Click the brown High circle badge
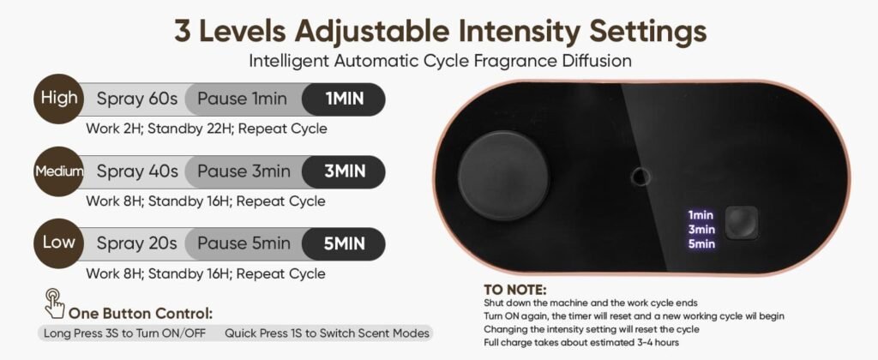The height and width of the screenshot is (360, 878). pos(59,99)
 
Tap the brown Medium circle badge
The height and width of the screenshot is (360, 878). pos(59,171)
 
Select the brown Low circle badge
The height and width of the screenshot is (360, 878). pos(59,243)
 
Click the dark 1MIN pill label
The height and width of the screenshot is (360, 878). pos(344,99)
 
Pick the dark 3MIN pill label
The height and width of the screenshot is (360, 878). pos(344,171)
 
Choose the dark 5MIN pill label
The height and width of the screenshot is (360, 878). pos(344,243)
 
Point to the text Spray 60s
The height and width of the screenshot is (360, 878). pos(136,99)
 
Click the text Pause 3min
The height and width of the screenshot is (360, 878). pos(244,171)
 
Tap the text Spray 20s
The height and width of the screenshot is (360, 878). pos(136,243)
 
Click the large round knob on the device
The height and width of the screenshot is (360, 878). pos(504,176)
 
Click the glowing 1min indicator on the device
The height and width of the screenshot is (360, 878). pos(701,215)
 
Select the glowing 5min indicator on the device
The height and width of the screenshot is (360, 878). pos(701,243)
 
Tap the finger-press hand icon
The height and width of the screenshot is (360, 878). pos(55,303)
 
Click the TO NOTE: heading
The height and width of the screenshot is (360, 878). pos(515,290)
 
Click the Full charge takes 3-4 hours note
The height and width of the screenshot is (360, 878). pos(581,342)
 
